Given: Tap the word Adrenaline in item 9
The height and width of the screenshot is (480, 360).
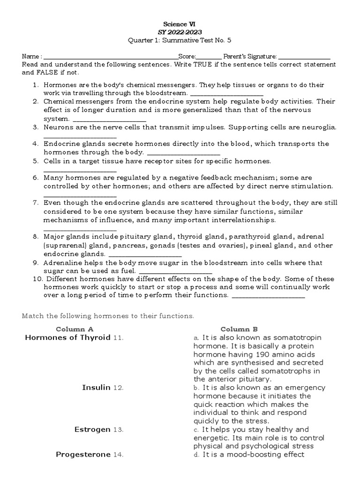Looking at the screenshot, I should [x=62, y=263].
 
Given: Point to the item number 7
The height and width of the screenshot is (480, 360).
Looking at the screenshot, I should [x=35, y=203].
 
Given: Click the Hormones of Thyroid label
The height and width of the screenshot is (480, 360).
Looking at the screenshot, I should [x=67, y=337].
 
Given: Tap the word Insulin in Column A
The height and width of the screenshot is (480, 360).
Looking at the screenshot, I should [x=96, y=388].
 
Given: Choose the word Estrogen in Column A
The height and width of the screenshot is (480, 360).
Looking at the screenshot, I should [x=92, y=429].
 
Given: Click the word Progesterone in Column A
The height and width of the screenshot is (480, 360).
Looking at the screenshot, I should [x=83, y=454].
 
